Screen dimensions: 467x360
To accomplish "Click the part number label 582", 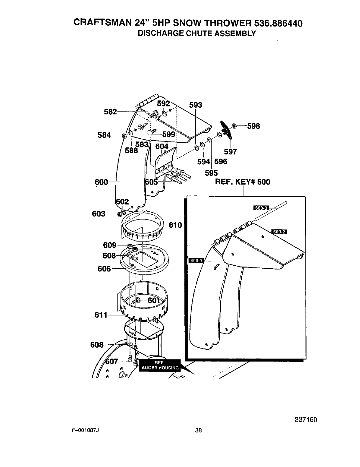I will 110,112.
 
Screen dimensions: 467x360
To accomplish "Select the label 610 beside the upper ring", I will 176,225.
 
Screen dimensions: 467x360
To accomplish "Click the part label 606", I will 104,269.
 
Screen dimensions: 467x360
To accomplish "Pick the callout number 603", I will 99,213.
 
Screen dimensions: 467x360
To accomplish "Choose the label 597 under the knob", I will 230,152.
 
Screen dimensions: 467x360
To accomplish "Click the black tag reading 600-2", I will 279,231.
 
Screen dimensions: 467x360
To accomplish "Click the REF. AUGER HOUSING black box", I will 160,365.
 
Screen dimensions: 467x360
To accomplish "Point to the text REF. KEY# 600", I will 242,182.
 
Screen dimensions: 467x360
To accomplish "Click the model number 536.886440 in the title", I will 278,23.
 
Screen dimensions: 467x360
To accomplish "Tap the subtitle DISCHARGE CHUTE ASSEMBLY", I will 197,33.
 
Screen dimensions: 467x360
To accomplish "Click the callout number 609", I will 109,245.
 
